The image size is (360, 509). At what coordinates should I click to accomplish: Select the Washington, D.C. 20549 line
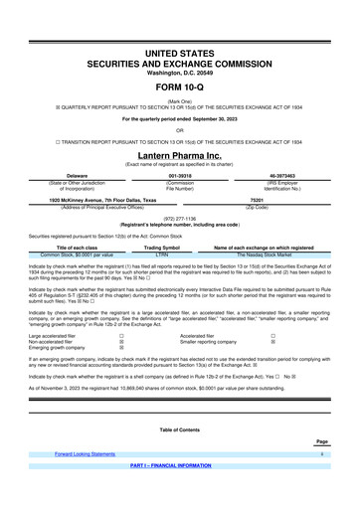pyautogui.click(x=179, y=46)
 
